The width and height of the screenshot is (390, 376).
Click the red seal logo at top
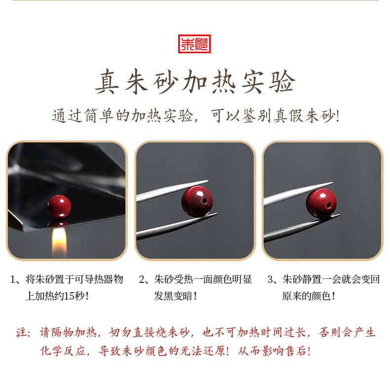[194, 43]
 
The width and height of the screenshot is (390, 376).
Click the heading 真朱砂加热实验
[195, 82]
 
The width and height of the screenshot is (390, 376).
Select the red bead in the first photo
[59, 206]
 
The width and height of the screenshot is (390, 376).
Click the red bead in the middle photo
[197, 201]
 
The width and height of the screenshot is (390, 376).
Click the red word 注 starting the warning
[22, 333]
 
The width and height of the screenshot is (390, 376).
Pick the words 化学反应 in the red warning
[59, 351]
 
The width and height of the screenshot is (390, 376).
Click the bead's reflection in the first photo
[59, 224]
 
